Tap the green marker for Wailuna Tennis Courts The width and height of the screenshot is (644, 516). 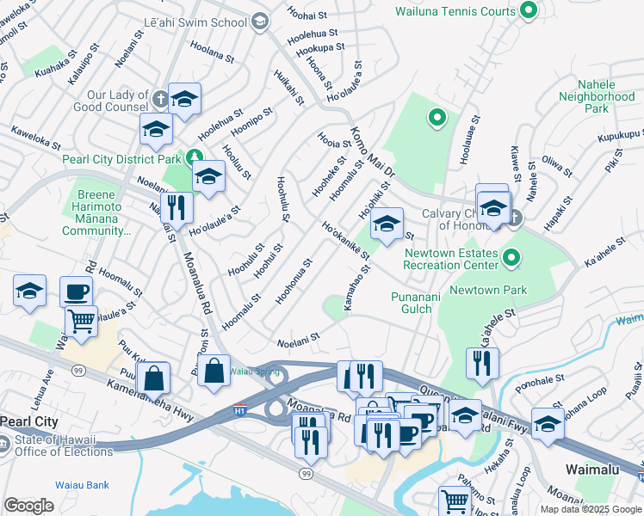(x=529, y=11)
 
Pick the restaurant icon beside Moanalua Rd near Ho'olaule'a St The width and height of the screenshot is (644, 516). (x=176, y=206)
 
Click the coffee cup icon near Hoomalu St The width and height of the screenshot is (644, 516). (x=77, y=292)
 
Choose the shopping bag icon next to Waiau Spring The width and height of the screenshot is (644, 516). (x=214, y=371)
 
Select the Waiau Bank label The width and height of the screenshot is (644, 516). (x=82, y=485)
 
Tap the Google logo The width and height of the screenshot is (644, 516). (x=28, y=505)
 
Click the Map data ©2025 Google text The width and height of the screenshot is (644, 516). (x=590, y=509)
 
